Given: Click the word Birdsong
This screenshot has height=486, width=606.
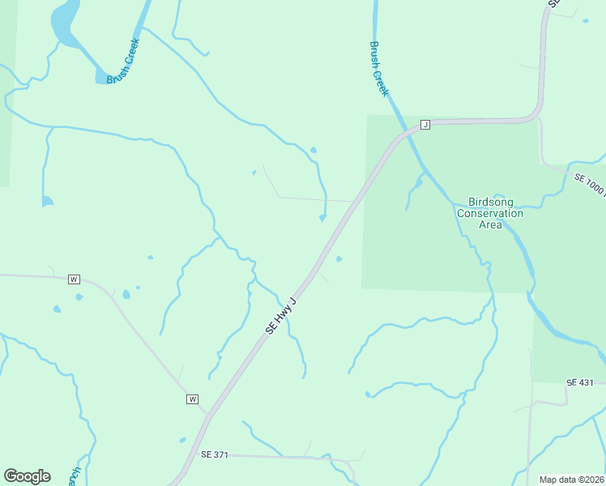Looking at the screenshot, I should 490,202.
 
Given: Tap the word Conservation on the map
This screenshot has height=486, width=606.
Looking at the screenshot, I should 490,213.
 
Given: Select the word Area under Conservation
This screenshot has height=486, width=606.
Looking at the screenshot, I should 490,224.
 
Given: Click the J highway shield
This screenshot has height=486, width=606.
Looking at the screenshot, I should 424,125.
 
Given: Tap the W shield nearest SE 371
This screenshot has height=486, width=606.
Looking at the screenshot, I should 193,399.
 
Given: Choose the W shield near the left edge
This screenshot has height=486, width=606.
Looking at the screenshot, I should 74,279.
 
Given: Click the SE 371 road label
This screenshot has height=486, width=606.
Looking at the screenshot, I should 215,454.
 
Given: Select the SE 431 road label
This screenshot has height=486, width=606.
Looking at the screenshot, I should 580,382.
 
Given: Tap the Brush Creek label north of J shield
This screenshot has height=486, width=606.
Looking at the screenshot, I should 379,70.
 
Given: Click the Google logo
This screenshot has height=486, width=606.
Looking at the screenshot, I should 27,476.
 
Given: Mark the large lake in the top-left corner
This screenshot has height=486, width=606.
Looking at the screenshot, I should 63,23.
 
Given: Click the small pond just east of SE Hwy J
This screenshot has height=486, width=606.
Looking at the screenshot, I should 339,259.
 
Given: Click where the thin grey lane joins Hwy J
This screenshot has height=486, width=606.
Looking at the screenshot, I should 355,201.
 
